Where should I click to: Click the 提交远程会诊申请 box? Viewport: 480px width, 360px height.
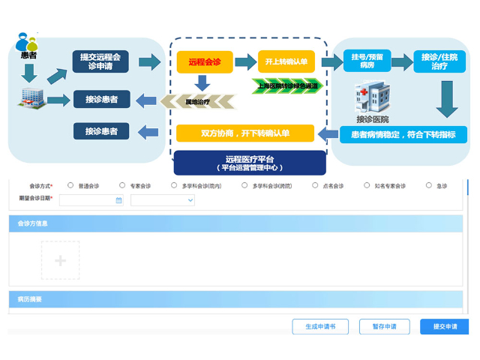tap(100, 61)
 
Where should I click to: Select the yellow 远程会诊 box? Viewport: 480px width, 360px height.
tap(204, 61)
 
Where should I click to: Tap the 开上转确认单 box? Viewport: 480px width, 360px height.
tap(286, 61)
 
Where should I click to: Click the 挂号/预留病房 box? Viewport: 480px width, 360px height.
tap(367, 61)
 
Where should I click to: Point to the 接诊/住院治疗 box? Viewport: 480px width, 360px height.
tap(439, 61)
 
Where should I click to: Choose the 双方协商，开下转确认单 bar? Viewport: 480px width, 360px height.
tap(245, 133)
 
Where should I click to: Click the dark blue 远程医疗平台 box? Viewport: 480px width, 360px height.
tap(250, 162)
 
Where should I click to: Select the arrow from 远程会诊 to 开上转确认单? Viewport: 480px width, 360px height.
tap(245, 61)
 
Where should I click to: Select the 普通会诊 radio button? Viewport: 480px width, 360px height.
tap(70, 185)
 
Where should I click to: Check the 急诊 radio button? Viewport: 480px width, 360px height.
tap(429, 185)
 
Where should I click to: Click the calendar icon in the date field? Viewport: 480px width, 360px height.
tap(118, 200)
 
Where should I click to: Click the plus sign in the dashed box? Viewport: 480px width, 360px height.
tap(61, 260)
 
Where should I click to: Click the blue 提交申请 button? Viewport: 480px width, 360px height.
tap(444, 327)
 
